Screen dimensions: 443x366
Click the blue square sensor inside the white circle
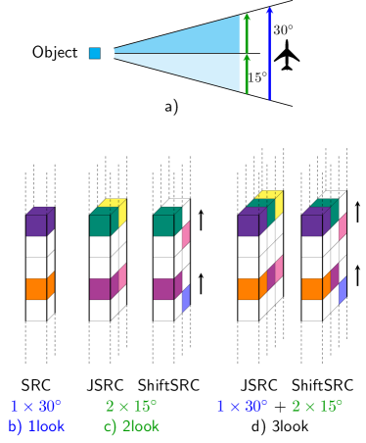click(95, 53)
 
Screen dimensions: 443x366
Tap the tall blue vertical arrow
click(269, 54)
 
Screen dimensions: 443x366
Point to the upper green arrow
click(246, 32)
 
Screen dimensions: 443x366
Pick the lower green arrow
click(246, 74)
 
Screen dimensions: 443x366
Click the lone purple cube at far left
click(37, 224)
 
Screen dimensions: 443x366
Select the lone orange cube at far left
click(37, 288)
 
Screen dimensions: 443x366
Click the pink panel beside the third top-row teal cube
click(186, 234)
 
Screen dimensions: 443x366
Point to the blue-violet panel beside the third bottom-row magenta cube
click(186, 298)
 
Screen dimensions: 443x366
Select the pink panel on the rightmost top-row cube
click(343, 226)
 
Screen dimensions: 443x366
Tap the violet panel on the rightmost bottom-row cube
click(343, 290)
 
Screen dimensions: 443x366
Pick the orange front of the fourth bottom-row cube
click(248, 289)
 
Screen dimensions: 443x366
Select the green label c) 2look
click(130, 426)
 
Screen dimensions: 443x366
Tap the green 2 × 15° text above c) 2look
click(130, 406)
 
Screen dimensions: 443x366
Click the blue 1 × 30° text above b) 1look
click(36, 406)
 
